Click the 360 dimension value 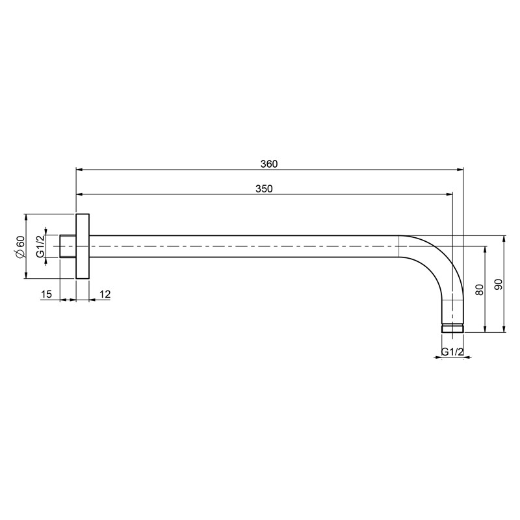coord(269,164)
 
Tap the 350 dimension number coord(264,188)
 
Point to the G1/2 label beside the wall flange coord(40,246)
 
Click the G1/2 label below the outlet coord(452,352)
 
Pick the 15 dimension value coord(46,294)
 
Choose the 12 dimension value coord(105,294)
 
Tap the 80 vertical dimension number coord(479,289)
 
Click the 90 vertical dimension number coord(499,285)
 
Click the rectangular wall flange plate coord(83,246)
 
